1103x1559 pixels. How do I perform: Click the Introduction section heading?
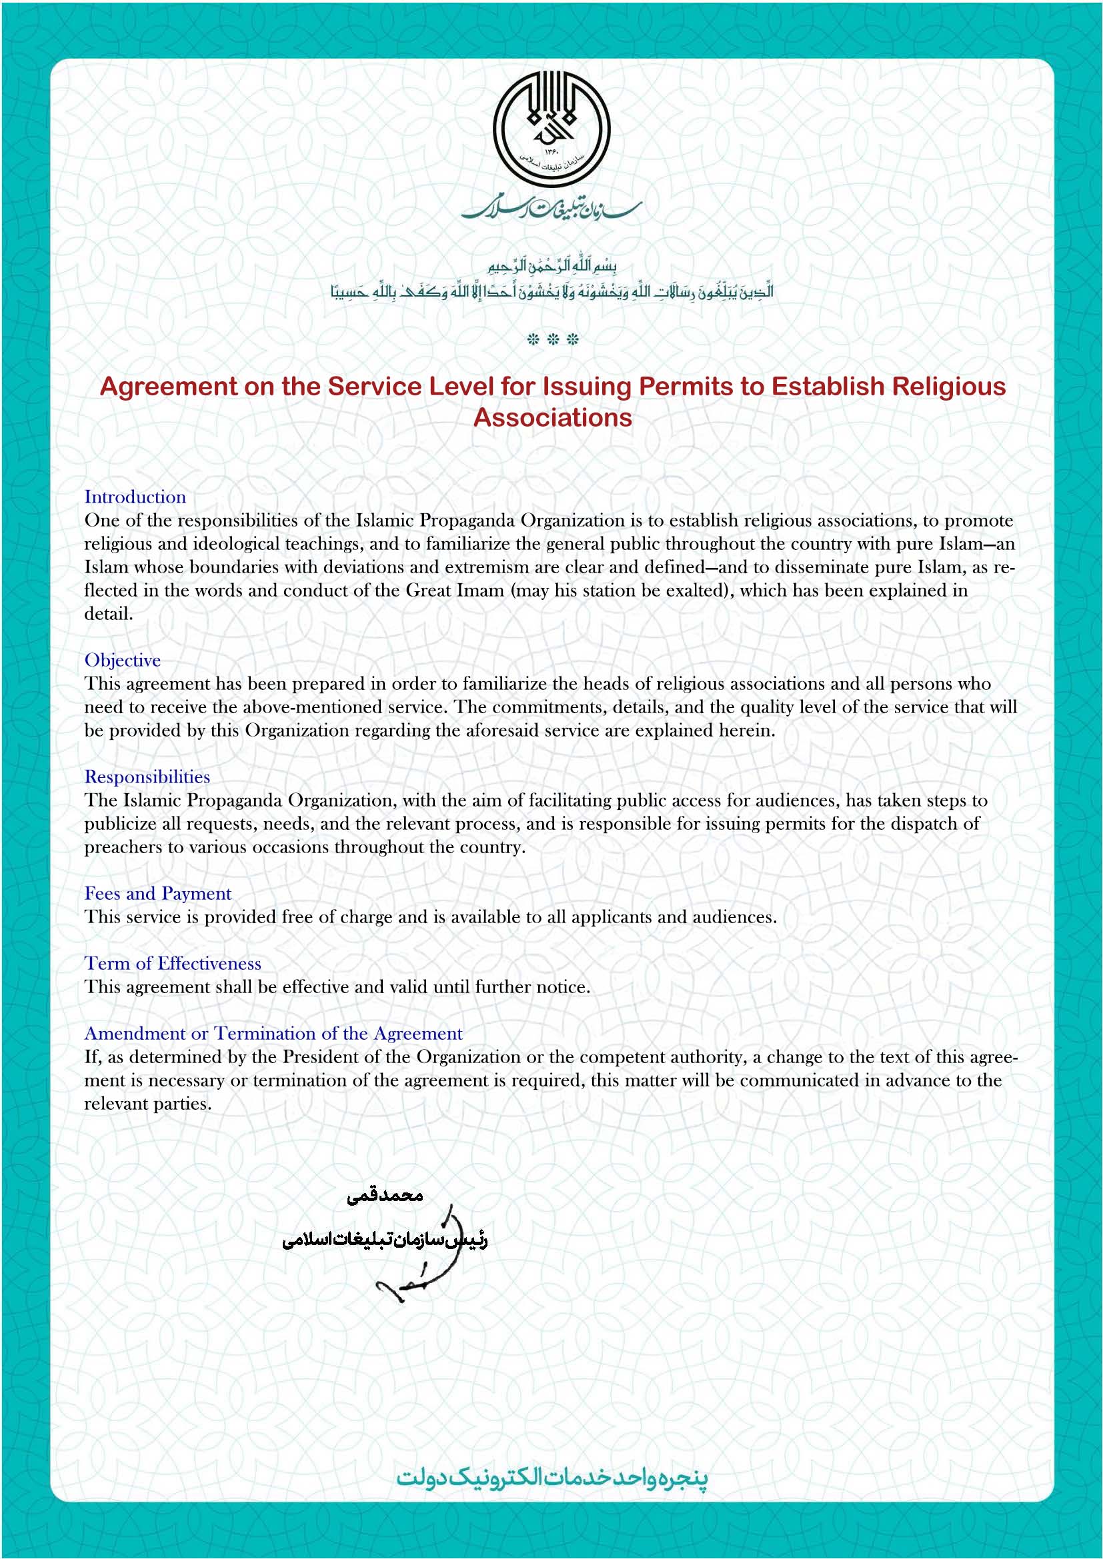(x=135, y=497)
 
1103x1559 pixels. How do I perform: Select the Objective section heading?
(x=122, y=660)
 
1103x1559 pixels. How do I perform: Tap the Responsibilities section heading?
(x=147, y=777)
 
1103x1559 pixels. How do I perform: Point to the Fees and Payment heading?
(x=157, y=894)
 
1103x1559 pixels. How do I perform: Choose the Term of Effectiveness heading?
(x=173, y=964)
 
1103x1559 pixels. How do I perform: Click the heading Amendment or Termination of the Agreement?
(x=273, y=1034)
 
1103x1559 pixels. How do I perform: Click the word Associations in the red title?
(x=552, y=418)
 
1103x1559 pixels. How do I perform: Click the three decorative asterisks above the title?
(x=552, y=339)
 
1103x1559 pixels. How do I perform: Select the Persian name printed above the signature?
(x=384, y=1196)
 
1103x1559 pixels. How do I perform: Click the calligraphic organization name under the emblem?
(x=551, y=209)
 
